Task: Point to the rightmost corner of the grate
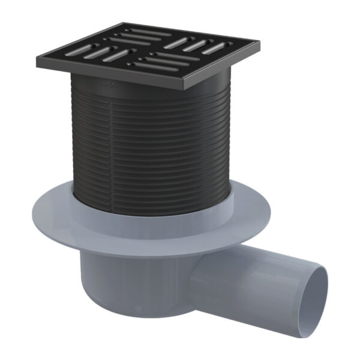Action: point(259,42)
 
